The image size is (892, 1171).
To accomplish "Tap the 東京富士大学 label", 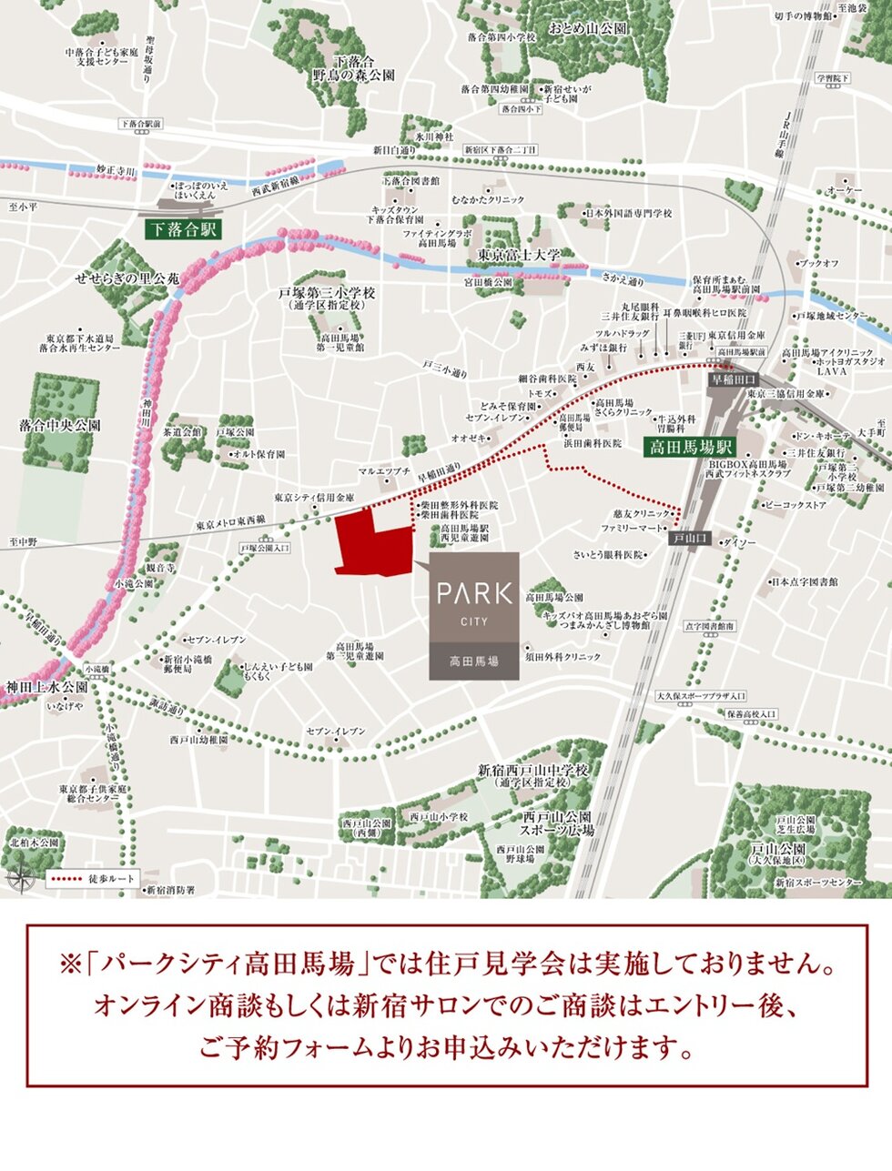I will [519, 256].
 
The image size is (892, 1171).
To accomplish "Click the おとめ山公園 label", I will [588, 29].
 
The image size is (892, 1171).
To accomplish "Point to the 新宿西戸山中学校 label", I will [533, 771].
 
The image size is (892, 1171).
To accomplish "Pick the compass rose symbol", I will [19, 880].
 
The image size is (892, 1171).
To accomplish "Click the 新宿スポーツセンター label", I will [818, 883].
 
